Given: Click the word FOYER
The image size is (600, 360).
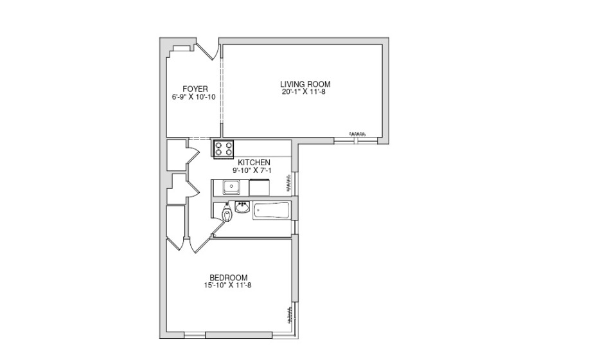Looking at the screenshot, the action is click(195, 89).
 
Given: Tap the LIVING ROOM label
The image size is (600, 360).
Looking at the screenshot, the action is click(305, 84).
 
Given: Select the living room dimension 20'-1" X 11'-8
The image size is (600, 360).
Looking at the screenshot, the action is click(303, 92).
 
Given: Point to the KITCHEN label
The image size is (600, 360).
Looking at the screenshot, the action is click(254, 163).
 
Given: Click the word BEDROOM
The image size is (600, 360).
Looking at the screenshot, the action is click(229, 278).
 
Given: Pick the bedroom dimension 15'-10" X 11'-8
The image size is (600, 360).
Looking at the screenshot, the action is click(227, 285).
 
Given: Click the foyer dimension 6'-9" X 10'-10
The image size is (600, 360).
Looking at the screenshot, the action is click(193, 97).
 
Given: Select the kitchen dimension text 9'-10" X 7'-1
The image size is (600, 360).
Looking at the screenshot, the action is click(252, 170).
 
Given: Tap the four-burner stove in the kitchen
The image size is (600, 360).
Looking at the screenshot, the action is click(224, 149).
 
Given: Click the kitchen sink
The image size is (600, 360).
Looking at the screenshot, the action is click(231, 187).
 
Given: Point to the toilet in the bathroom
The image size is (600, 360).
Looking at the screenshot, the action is click(227, 213).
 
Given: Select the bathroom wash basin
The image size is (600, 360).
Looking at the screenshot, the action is click(242, 207).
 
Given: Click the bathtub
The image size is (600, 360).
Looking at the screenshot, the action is click(272, 211).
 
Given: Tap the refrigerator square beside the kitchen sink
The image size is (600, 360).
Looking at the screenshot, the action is click(260, 188).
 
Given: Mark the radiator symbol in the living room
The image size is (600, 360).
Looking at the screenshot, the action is click(357, 134).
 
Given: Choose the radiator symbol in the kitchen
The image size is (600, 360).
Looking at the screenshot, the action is click(288, 183).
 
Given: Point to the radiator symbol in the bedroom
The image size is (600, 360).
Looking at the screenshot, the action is click(290, 314).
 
